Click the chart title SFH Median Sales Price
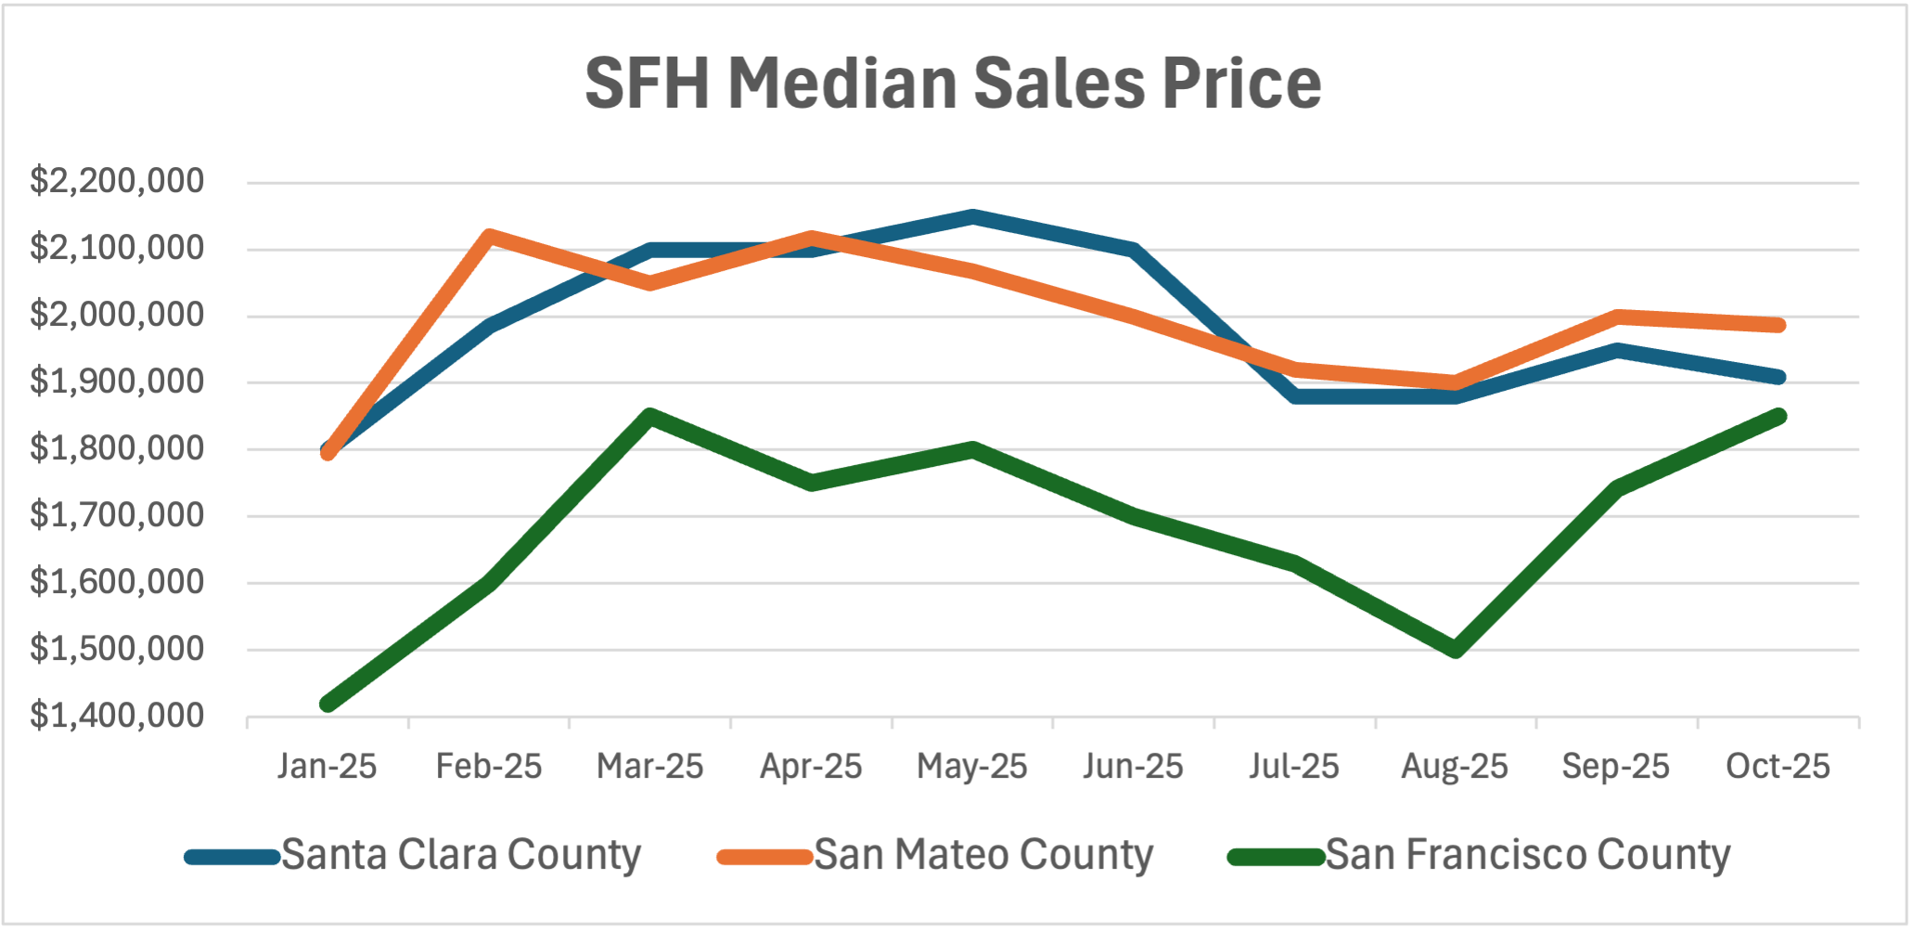pos(953,84)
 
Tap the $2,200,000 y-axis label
pos(117,180)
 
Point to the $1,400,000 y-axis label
pos(117,716)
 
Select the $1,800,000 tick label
pos(117,448)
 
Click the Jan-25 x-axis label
pos(327,767)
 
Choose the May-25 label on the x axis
pos(971,767)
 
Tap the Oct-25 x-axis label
pos(1778,767)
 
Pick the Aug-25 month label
pos(1454,767)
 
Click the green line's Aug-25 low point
pos(1455,650)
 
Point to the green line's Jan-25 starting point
pos(327,704)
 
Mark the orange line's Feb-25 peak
pos(489,236)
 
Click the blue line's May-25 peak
pos(971,217)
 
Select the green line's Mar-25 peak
pos(650,416)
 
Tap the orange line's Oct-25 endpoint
pos(1778,325)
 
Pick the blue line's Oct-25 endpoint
pos(1778,377)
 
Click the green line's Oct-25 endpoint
pos(1778,416)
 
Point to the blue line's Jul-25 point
pos(1294,396)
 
